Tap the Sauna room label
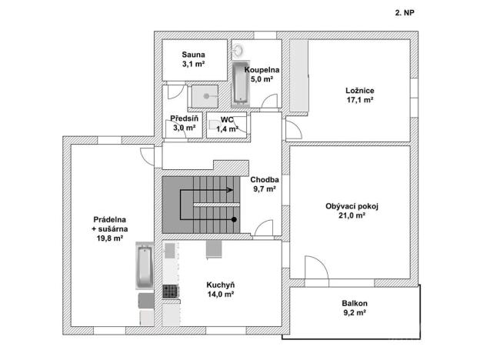193,55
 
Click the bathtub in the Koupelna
239,84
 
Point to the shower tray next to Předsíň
205,95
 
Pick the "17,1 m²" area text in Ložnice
358,99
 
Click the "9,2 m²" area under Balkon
354,313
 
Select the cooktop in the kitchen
170,291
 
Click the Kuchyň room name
220,285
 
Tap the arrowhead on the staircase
232,188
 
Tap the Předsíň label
185,119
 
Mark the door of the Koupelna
267,100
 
